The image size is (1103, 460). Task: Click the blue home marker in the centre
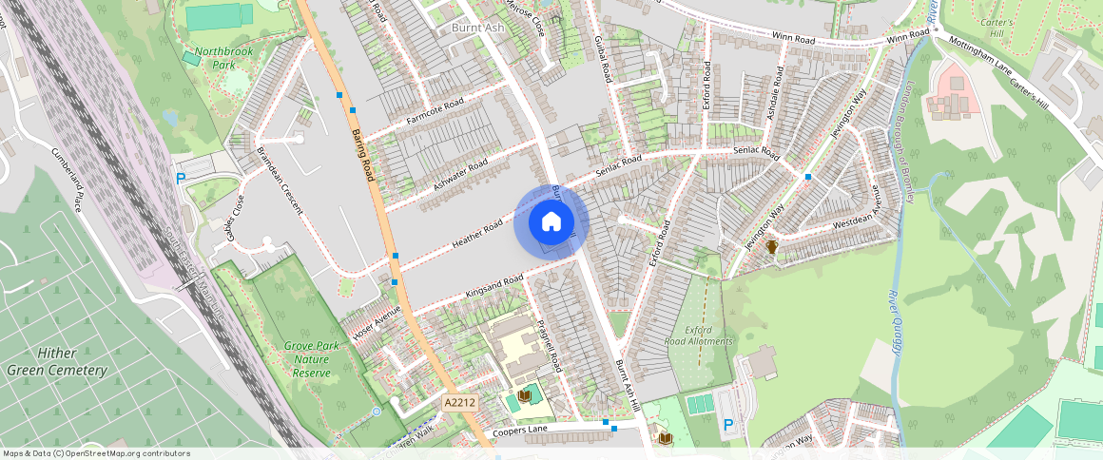[551, 223]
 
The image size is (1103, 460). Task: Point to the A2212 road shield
[459, 404]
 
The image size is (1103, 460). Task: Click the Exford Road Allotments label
[699, 335]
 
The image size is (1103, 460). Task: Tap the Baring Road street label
[362, 156]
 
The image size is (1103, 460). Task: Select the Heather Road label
[477, 235]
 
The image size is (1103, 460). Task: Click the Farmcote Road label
[435, 111]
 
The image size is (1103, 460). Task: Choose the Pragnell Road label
[550, 344]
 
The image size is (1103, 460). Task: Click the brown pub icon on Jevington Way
[772, 247]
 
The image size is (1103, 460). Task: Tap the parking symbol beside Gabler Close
[181, 178]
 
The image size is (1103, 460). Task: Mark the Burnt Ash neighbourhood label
[478, 29]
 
